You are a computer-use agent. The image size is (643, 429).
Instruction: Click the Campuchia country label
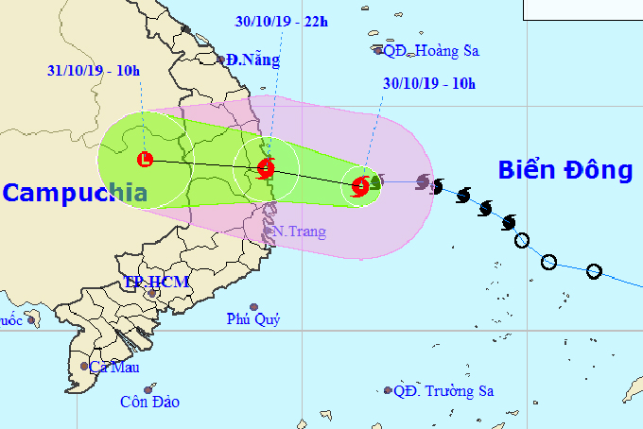point(75,194)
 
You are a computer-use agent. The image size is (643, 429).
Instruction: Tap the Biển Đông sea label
point(565,170)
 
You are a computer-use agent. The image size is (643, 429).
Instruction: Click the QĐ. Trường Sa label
point(444,390)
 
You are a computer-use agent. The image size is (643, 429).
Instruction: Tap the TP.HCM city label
point(157,282)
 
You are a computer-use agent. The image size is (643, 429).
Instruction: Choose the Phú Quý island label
point(253,319)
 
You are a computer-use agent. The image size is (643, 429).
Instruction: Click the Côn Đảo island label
point(149,402)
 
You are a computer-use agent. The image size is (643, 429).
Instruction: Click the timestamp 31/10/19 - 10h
point(94,70)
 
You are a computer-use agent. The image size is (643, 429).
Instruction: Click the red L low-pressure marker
point(145,160)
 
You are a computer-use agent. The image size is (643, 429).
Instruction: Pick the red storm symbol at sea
point(360,186)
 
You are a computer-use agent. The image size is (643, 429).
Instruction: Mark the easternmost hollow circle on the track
point(594,272)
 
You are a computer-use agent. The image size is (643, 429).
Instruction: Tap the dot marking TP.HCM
point(152,294)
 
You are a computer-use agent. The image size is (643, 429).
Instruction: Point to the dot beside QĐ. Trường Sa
point(388,390)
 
